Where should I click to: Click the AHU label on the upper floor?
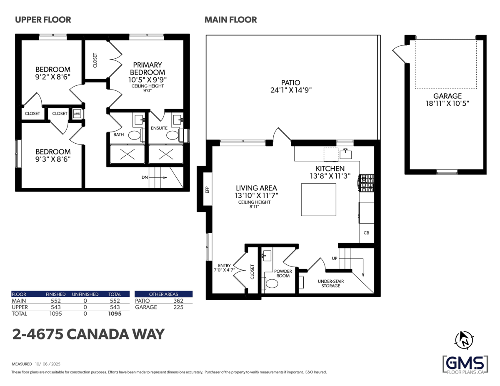77,113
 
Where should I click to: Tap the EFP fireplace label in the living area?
207,189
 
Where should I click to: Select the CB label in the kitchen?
366,233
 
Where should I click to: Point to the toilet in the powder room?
272,284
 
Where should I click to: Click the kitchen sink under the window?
346,154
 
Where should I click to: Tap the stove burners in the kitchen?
367,184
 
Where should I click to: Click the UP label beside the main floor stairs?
335,258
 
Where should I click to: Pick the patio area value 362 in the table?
178,301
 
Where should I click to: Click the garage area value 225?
178,307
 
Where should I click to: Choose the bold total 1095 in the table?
115,314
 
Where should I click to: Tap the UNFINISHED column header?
85,294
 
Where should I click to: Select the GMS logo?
465,364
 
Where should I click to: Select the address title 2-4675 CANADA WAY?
88,334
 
